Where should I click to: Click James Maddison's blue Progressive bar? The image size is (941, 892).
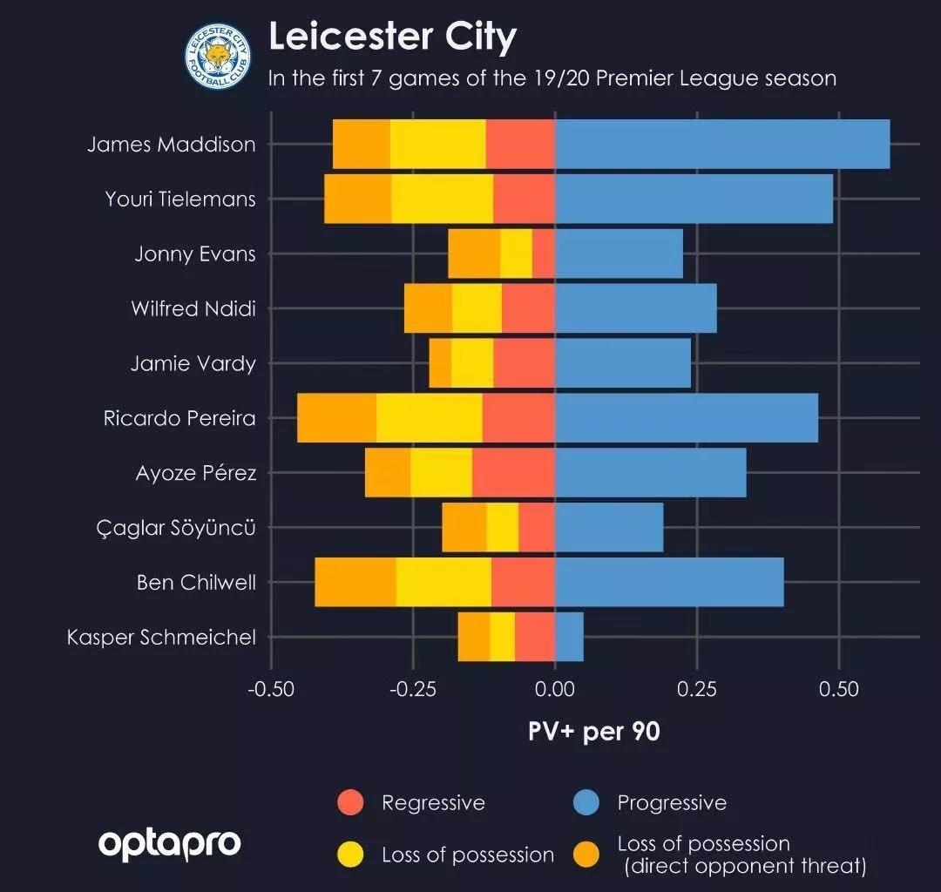tap(722, 145)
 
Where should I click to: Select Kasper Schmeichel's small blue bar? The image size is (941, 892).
tap(569, 637)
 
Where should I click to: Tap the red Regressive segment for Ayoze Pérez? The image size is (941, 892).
tap(513, 473)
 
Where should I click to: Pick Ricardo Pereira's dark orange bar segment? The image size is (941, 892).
tap(336, 418)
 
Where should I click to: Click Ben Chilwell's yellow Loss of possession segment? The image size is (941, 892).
tap(443, 582)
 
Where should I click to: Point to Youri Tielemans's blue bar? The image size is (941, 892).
tap(694, 199)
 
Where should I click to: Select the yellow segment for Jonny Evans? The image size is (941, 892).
tap(516, 253)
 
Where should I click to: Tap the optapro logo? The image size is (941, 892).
tap(169, 844)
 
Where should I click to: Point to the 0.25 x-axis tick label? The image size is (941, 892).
tap(696, 689)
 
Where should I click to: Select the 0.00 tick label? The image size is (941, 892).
tap(555, 689)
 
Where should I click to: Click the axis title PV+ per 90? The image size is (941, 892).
tap(594, 731)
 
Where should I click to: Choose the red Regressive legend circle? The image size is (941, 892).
tap(350, 802)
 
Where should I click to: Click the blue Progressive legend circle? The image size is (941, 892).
tap(586, 802)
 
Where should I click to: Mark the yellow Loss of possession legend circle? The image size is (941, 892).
tap(350, 855)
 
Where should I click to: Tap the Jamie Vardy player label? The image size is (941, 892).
tap(193, 363)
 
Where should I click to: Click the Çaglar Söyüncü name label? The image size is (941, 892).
tap(176, 527)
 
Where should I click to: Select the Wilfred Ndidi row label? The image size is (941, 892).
tap(193, 308)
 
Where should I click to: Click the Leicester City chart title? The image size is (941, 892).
tap(392, 37)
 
